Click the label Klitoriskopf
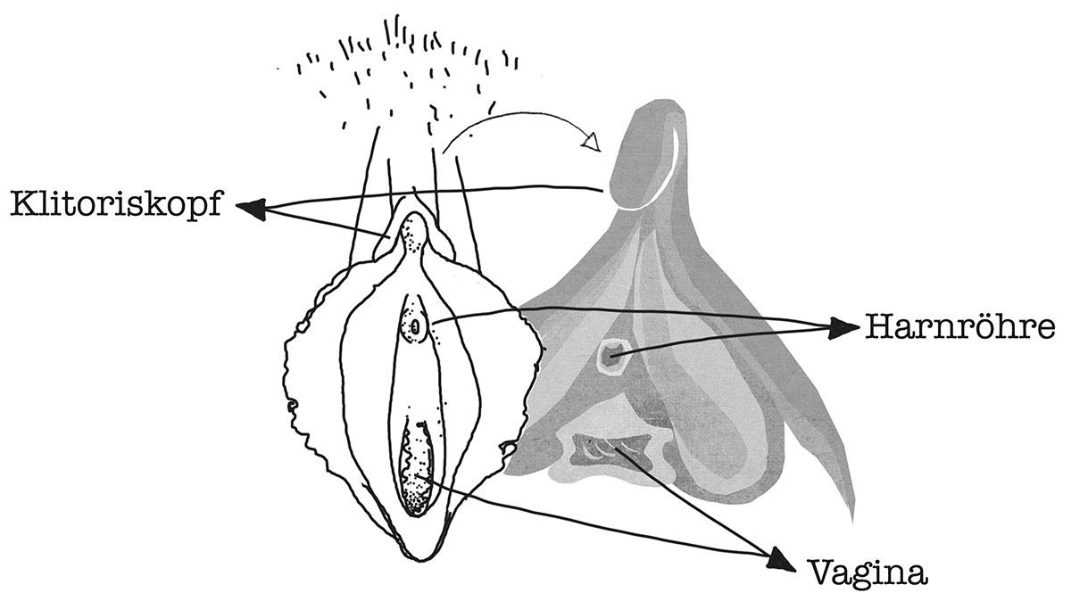click(117, 205)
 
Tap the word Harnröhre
click(960, 327)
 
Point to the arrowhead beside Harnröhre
click(843, 328)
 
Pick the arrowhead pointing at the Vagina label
click(781, 561)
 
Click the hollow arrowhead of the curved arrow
click(592, 142)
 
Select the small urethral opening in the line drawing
click(415, 327)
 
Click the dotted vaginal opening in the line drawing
click(416, 471)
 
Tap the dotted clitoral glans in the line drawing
click(411, 235)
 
